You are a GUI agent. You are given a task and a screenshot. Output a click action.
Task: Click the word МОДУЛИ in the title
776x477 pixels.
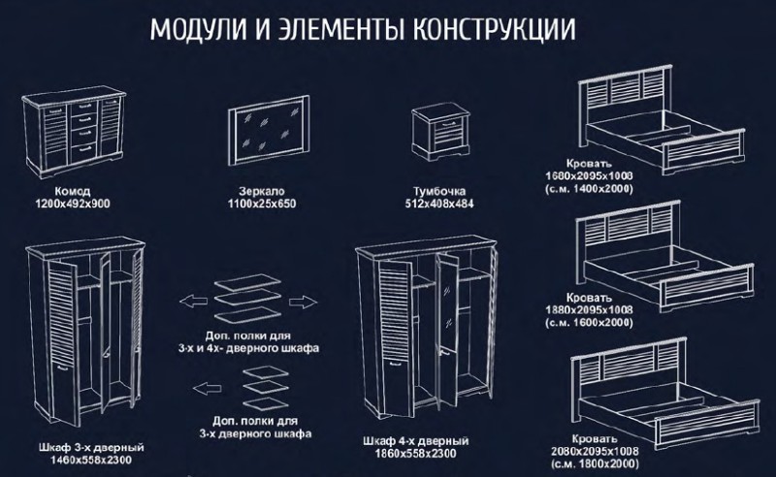(x=198, y=30)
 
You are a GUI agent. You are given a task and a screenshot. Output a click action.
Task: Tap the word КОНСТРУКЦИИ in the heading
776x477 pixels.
(x=494, y=30)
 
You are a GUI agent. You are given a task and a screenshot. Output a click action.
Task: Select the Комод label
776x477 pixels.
(x=72, y=191)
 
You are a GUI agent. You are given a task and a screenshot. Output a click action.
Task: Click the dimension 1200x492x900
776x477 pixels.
(x=73, y=204)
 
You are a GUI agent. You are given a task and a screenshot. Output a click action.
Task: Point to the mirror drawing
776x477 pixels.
(x=269, y=130)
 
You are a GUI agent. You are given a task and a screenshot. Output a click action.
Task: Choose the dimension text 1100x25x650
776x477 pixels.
(x=262, y=204)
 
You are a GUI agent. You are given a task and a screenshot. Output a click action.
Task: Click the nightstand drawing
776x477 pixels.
(x=441, y=133)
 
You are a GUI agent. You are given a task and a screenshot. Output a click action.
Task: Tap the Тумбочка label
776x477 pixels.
(x=439, y=191)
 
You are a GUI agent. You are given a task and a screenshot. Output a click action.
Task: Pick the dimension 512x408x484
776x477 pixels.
(x=439, y=204)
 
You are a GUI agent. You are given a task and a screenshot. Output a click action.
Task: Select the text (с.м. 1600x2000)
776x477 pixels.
(x=589, y=323)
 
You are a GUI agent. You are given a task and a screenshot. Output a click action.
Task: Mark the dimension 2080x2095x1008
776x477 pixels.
(x=595, y=451)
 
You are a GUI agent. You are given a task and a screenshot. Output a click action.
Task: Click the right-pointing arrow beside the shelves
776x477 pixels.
(x=303, y=302)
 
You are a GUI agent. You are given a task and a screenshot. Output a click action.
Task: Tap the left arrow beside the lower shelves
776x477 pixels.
(x=207, y=389)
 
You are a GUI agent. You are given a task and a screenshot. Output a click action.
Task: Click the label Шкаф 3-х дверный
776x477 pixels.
(x=91, y=448)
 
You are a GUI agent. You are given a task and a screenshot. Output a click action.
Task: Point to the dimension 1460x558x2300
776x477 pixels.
(x=91, y=461)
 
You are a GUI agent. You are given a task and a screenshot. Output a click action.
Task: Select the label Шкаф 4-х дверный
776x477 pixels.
(x=416, y=441)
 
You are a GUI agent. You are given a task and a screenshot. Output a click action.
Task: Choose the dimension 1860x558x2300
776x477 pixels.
(x=416, y=454)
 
